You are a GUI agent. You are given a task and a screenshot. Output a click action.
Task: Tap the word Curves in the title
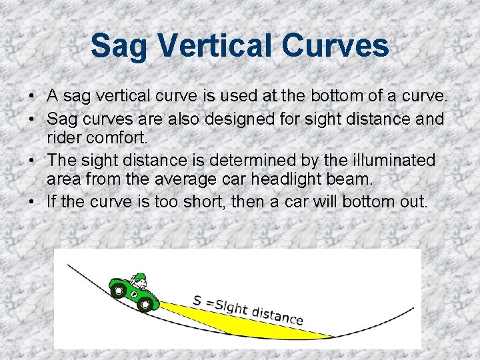tap(335, 46)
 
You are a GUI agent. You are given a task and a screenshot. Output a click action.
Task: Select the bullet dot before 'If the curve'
tap(32, 201)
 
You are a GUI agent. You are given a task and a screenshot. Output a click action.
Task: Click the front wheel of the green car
tap(144, 305)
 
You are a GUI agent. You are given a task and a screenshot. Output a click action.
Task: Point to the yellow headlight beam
tap(253, 321)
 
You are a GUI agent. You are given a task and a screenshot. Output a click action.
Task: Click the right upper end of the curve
tap(413, 309)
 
